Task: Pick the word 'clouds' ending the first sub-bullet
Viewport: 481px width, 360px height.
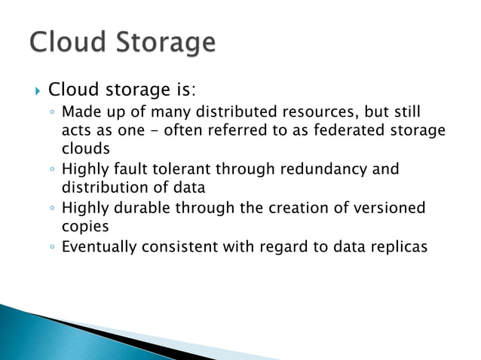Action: click(x=85, y=149)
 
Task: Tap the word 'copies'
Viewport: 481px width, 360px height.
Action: click(x=84, y=225)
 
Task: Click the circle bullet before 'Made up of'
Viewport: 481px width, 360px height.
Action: click(x=51, y=114)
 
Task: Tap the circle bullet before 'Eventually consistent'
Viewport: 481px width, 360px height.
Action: click(x=51, y=245)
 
